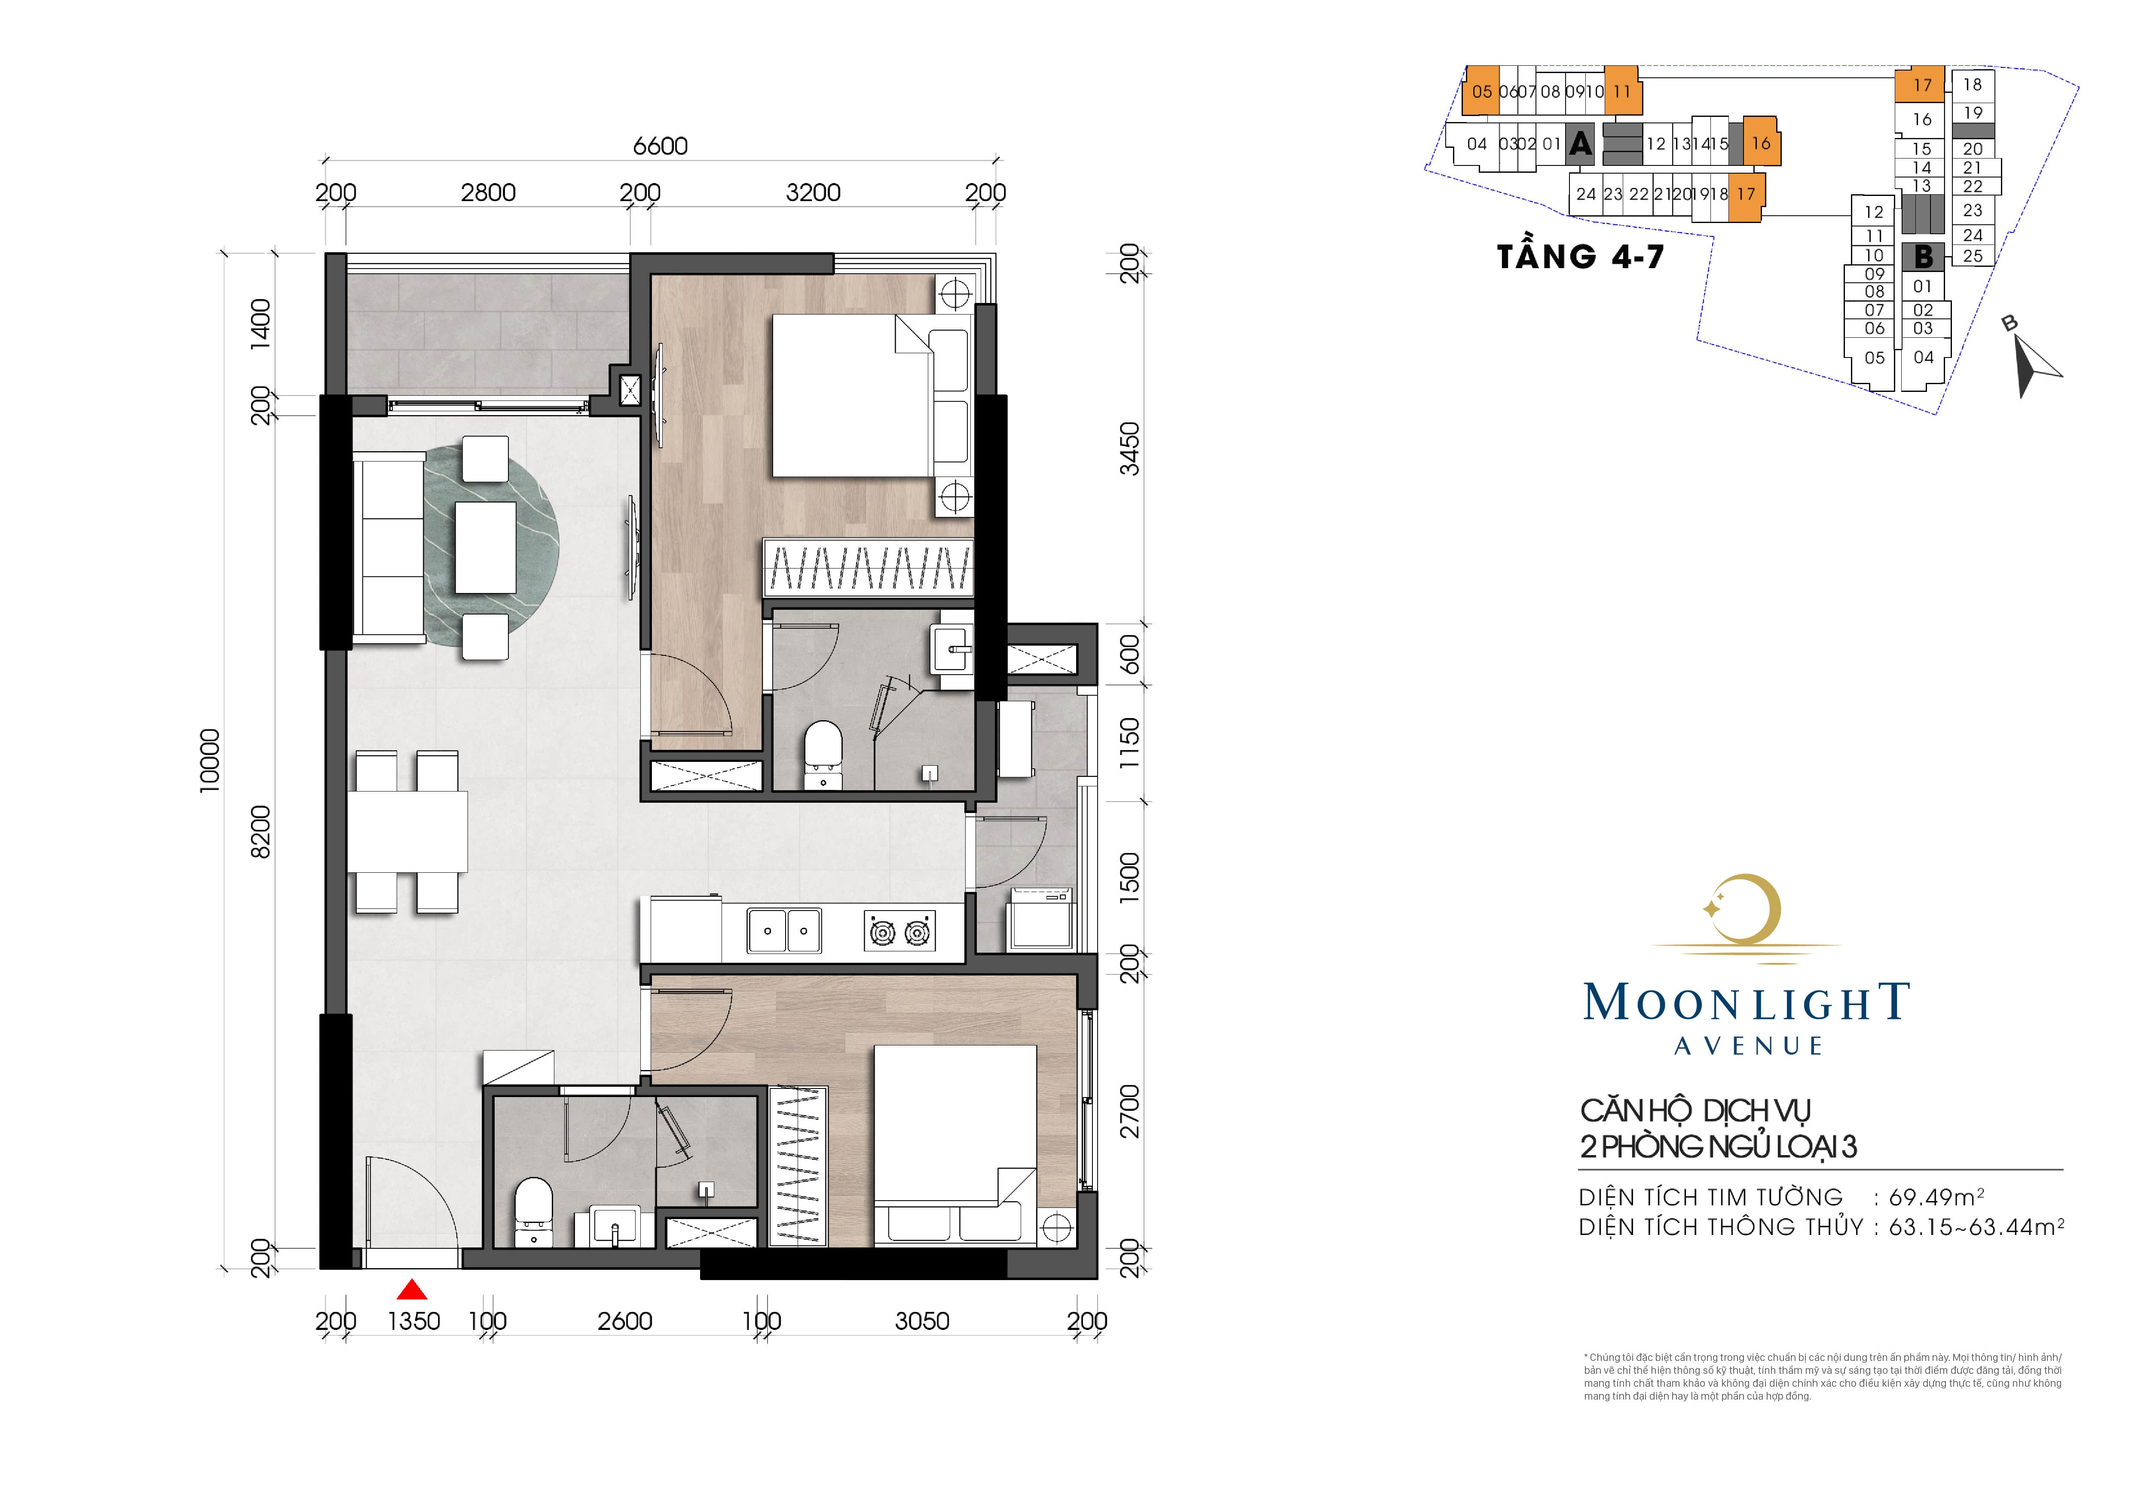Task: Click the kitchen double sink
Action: [x=785, y=930]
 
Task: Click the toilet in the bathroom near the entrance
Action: [x=533, y=1211]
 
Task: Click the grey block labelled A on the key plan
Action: [x=1581, y=144]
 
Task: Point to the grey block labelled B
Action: [x=1923, y=256]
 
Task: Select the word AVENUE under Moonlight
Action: [x=1749, y=1046]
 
